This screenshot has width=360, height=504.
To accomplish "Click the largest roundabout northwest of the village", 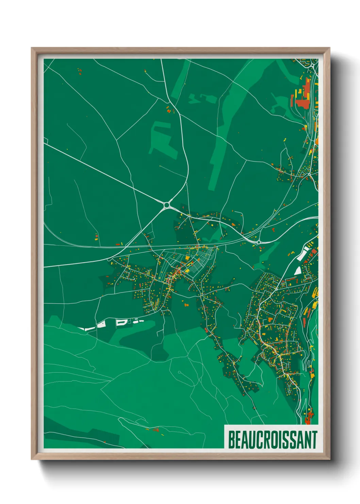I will [x=167, y=205].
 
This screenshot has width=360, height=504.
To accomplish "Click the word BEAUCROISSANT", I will [x=272, y=440].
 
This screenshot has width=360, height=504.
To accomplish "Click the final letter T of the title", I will [x=314, y=440].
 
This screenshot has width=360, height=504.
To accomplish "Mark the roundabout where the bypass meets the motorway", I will [x=259, y=242].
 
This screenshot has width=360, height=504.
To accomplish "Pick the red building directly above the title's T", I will [x=309, y=415].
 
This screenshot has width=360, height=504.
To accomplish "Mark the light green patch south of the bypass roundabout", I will [x=269, y=252].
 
